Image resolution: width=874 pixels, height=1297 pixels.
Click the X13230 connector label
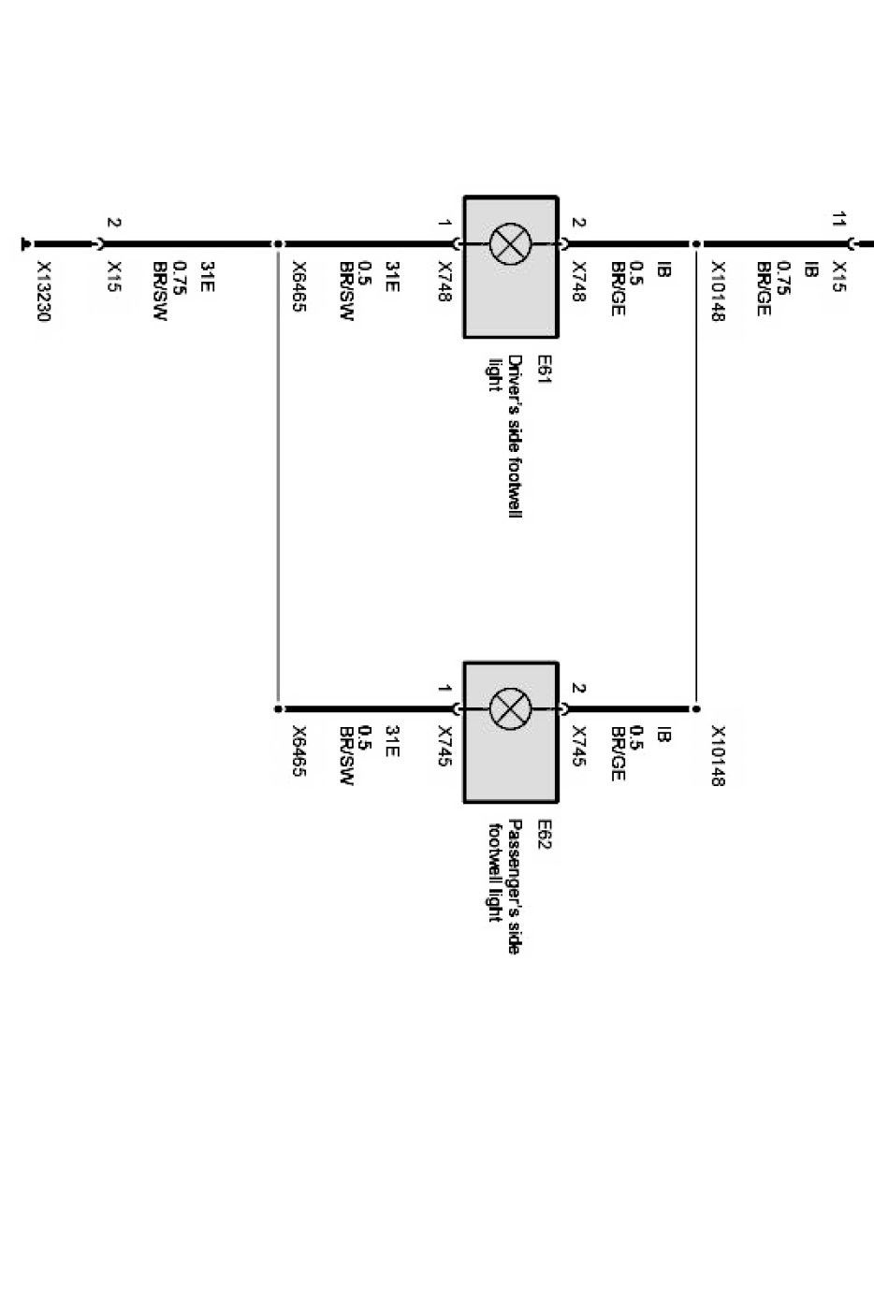tap(43, 291)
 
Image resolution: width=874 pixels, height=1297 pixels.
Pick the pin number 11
tap(838, 222)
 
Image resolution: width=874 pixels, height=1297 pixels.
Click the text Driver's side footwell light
tap(503, 435)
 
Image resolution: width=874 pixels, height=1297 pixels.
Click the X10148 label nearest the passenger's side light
tap(718, 755)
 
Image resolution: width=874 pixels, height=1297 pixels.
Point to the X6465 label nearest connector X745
tap(299, 753)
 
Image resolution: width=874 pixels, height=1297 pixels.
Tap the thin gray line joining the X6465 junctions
tap(278, 477)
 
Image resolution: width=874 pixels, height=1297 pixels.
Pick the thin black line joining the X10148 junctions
tap(695, 477)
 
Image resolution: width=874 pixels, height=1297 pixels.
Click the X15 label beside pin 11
tap(838, 276)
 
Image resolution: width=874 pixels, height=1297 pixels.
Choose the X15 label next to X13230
tap(114, 276)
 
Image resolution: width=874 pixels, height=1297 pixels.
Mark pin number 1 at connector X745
tap(444, 690)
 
